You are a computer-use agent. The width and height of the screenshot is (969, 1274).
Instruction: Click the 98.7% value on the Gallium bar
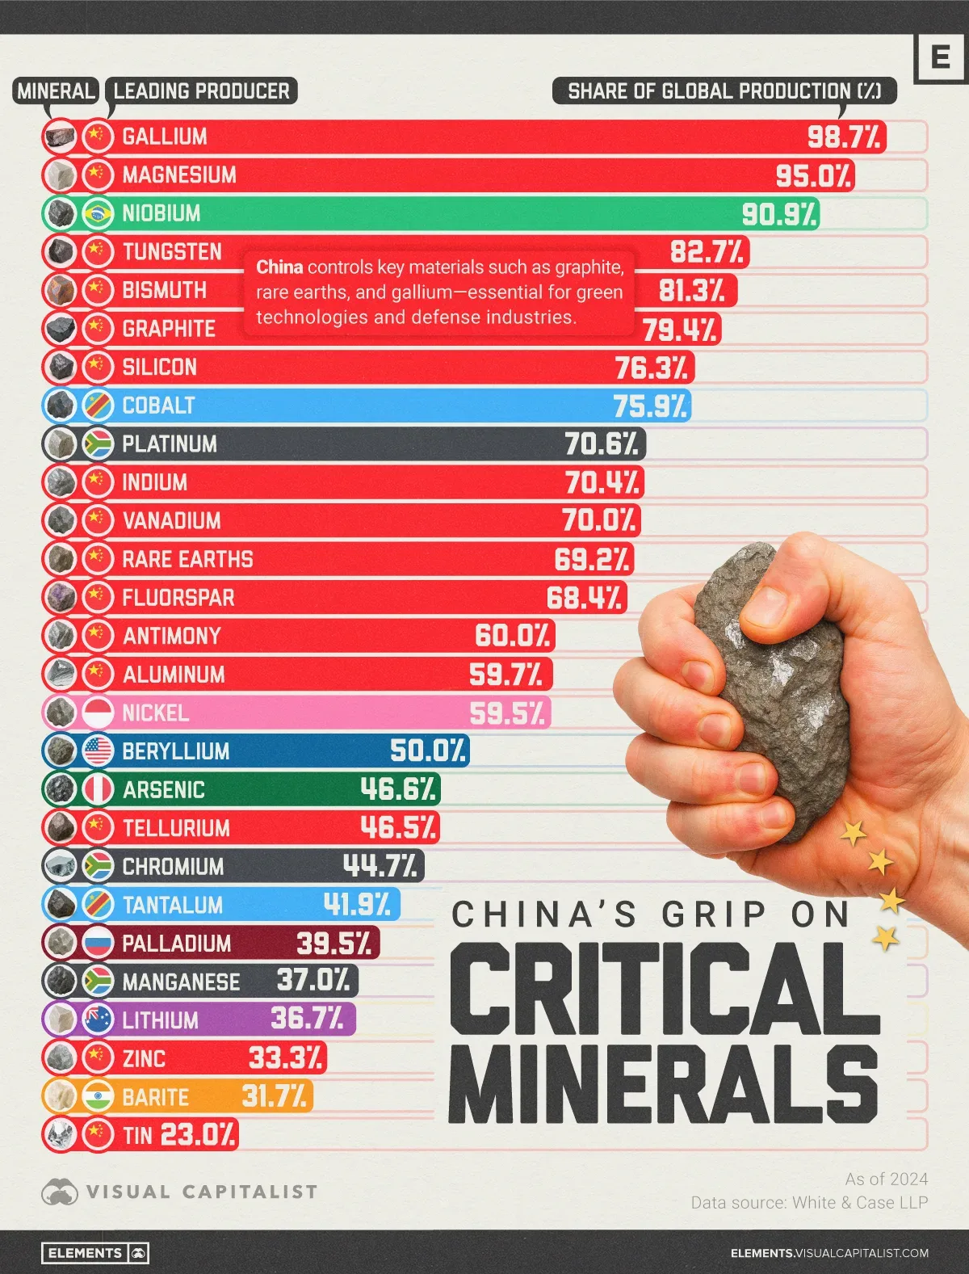pos(844,137)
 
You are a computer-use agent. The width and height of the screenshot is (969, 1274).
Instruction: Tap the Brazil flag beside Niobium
pos(98,213)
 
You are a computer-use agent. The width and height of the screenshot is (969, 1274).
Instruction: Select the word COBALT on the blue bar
pos(158,405)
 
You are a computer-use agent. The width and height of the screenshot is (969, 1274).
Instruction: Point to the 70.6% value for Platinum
pos(602,444)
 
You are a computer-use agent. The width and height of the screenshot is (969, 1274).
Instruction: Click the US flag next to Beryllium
pos(98,751)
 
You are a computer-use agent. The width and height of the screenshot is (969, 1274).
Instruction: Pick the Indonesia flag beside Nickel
pos(98,713)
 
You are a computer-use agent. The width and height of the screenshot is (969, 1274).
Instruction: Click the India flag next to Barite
pos(98,1096)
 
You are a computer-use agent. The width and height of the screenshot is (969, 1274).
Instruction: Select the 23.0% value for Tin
pos(198,1135)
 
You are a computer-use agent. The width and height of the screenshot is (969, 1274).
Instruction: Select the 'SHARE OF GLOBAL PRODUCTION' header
pos(724,91)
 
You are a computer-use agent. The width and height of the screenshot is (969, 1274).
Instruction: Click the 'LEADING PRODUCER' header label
pos(201,91)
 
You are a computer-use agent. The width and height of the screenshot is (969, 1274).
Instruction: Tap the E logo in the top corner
pos(940,57)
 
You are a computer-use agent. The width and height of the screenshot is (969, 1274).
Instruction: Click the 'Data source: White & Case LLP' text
pos(809,1202)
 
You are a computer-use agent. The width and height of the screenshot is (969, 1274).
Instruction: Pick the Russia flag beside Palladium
pos(98,942)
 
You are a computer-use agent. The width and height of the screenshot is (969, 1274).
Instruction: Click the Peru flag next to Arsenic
pos(98,789)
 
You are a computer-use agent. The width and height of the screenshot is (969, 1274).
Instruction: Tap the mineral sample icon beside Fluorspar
pos(61,597)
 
